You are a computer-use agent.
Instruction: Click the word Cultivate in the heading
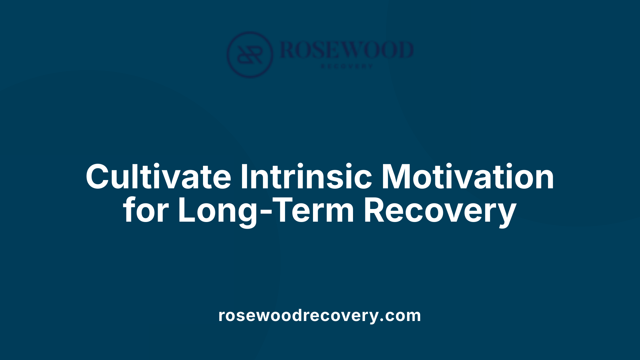tap(158, 177)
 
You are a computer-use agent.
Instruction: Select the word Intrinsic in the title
tap(306, 177)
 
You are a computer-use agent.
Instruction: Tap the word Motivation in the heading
tap(467, 177)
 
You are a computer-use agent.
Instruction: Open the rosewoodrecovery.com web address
tap(320, 315)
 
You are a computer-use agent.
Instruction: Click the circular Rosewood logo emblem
tap(250, 54)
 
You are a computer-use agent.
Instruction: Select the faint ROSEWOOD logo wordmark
tap(347, 50)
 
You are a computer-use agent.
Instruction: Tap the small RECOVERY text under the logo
tap(347, 66)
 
